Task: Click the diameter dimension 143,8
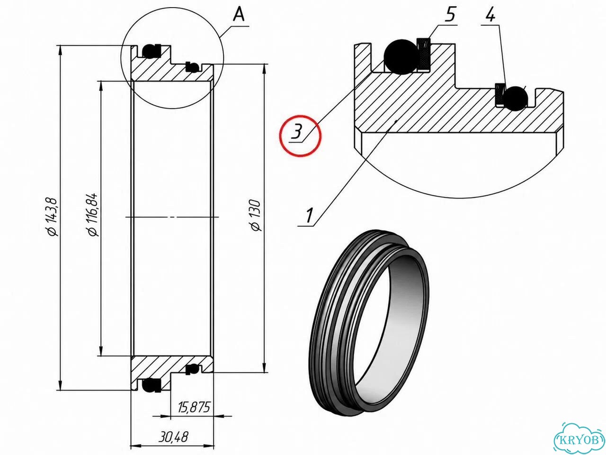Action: (53, 217)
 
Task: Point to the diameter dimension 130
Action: (255, 216)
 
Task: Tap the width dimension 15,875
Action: (194, 407)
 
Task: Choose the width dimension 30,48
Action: (173, 437)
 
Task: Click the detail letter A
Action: (239, 14)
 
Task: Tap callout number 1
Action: (309, 216)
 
